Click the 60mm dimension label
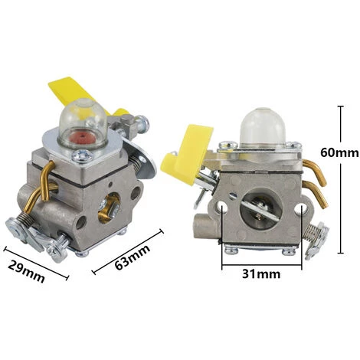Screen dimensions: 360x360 click(x=339, y=152)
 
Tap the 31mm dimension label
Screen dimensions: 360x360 click(x=261, y=274)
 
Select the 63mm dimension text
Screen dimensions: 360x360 click(x=133, y=257)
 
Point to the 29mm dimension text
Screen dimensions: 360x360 click(x=26, y=271)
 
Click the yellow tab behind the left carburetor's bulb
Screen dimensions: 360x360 click(x=77, y=93)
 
